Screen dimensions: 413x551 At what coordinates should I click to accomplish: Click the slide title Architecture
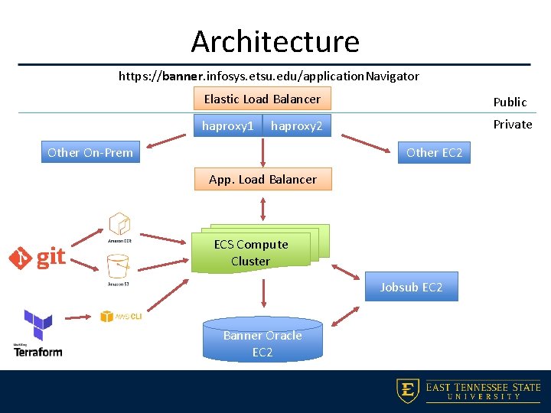click(x=275, y=41)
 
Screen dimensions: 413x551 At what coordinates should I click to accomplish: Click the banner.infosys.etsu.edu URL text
click(x=269, y=76)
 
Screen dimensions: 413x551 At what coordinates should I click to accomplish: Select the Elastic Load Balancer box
click(x=262, y=99)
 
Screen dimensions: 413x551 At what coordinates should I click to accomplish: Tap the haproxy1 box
click(x=227, y=125)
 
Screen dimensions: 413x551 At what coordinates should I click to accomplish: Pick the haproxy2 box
click(x=297, y=125)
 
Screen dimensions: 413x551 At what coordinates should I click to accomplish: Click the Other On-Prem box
click(x=90, y=152)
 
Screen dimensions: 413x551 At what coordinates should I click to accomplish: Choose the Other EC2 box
click(x=434, y=152)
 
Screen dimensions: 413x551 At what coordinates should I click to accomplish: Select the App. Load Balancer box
click(x=262, y=179)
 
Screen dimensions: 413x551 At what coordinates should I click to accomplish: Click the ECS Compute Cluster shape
click(x=253, y=252)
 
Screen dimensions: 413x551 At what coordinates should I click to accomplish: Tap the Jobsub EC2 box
click(x=411, y=287)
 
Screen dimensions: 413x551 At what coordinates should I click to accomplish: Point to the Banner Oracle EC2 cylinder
click(x=262, y=341)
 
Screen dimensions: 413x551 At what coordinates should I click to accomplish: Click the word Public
click(x=510, y=102)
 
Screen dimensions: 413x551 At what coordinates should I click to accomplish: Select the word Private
click(x=512, y=124)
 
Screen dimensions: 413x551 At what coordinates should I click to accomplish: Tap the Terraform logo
click(x=37, y=333)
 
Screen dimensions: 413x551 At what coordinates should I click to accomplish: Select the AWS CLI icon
click(x=121, y=316)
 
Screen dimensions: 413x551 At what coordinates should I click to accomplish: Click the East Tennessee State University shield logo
click(x=407, y=391)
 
